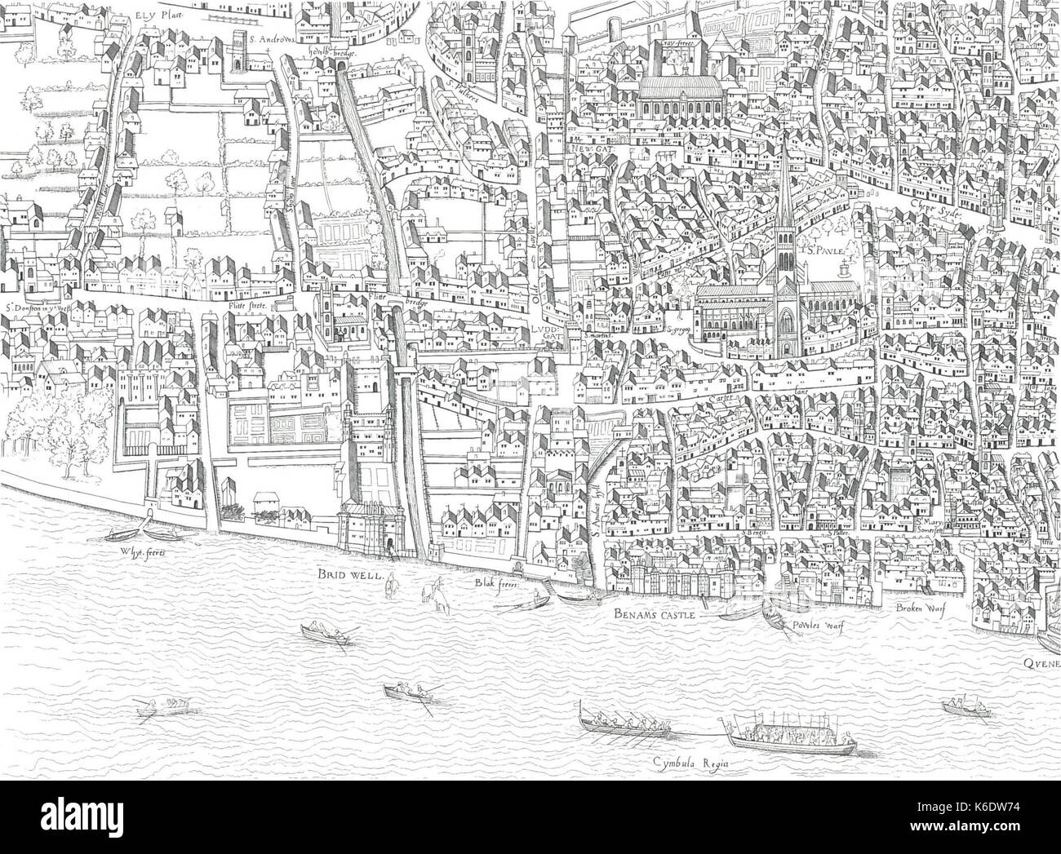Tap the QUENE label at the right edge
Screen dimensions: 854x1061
tap(1041, 664)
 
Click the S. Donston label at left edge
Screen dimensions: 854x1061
tap(33, 308)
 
